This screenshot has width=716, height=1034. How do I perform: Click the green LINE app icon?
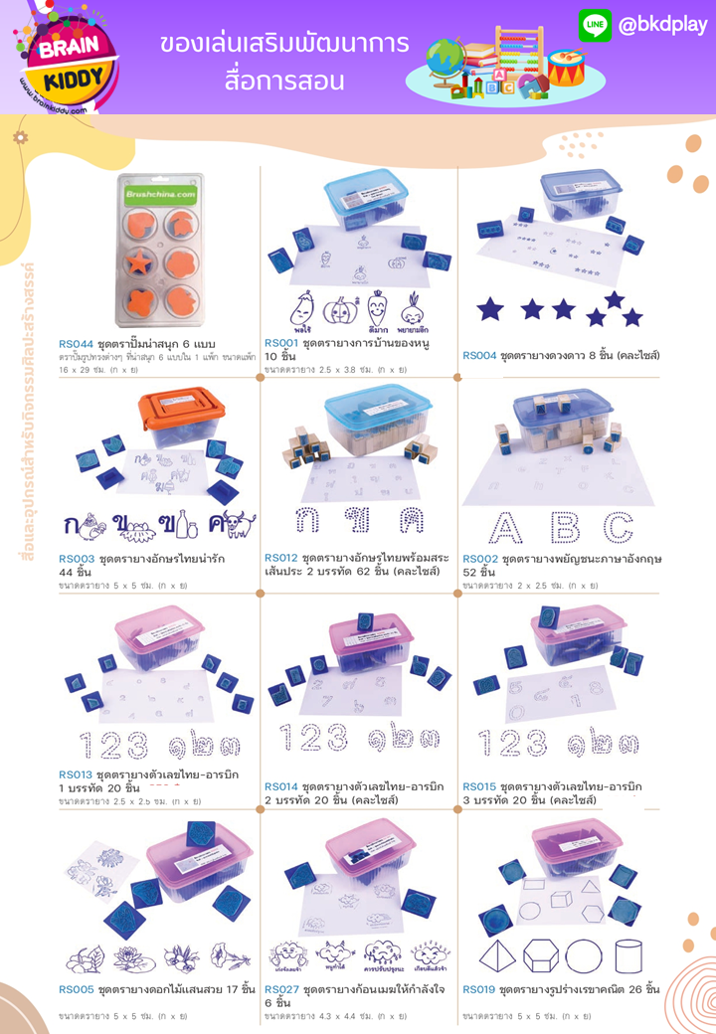pos(595,26)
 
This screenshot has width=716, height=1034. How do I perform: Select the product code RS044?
pos(77,343)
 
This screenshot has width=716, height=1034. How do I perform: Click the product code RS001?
pos(281,340)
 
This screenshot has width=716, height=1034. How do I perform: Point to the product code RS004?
pos(479,355)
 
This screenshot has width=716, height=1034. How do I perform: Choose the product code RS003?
pos(77,559)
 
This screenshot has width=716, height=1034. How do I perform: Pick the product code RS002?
pos(479,559)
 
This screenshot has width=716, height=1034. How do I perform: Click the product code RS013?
pos(77,775)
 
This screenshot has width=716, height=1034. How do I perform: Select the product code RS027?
pos(281,990)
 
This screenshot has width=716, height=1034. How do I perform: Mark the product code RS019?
pos(479,990)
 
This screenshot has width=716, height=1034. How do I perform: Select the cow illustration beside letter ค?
pos(234,523)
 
